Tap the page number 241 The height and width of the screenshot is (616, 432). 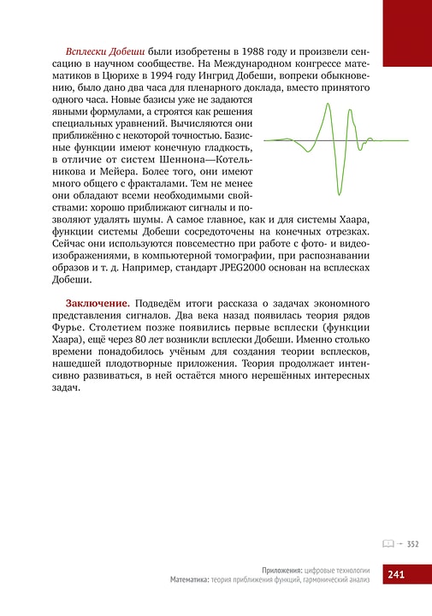(x=395, y=575)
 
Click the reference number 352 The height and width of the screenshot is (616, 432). (x=411, y=543)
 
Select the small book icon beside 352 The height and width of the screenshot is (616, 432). (x=388, y=543)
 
